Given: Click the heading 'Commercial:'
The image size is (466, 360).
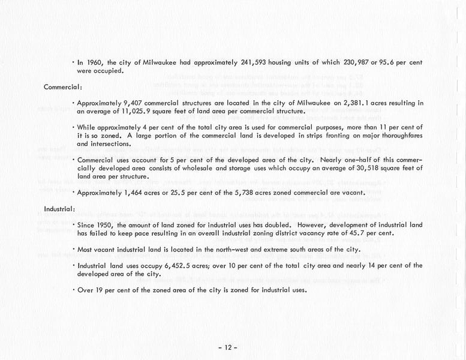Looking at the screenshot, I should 63,87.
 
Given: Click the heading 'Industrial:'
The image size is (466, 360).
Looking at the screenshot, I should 59,209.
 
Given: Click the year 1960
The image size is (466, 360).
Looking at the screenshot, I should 96,62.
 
